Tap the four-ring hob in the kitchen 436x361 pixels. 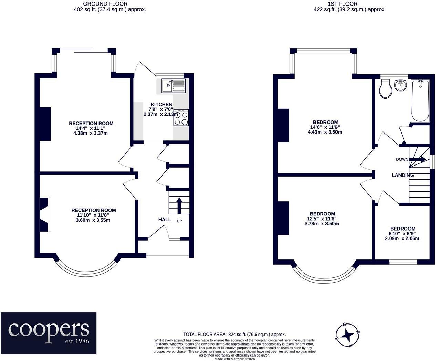pos(181,117)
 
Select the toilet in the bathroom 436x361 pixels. pos(385,92)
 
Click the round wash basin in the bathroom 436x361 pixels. pos(401,86)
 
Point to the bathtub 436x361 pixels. pos(421,101)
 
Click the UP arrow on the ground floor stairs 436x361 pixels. pos(179,205)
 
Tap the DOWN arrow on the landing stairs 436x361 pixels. pos(417,159)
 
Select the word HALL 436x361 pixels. pos(165,220)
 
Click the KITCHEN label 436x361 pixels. pos(162,104)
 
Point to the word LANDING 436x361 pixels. pos(403,175)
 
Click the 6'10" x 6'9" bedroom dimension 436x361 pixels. pos(402,234)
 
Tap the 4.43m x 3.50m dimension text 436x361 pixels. pos(325,132)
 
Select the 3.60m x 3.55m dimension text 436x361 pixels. pos(93,220)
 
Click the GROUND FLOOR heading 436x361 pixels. pos(105,4)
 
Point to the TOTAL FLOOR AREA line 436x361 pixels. pos(235,335)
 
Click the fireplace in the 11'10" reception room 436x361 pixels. pos(45,214)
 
